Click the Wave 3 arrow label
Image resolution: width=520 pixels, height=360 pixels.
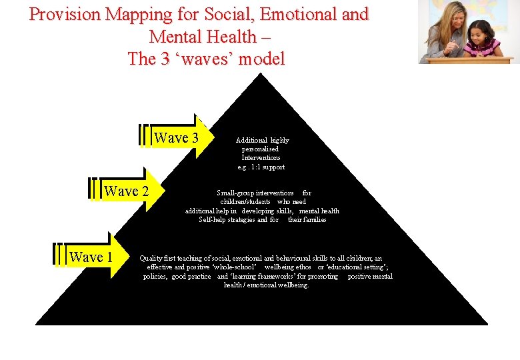[176, 138]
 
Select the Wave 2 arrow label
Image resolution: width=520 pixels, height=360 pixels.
[126, 191]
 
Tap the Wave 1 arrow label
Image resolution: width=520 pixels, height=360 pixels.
[91, 257]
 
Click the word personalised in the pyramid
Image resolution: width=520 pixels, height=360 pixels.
[261, 149]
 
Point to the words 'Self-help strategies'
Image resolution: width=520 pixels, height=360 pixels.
[227, 219]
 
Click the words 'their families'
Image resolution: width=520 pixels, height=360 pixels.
[307, 219]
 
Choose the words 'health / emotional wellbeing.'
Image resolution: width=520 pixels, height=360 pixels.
[267, 285]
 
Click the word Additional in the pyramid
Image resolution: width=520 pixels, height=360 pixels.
[251, 141]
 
